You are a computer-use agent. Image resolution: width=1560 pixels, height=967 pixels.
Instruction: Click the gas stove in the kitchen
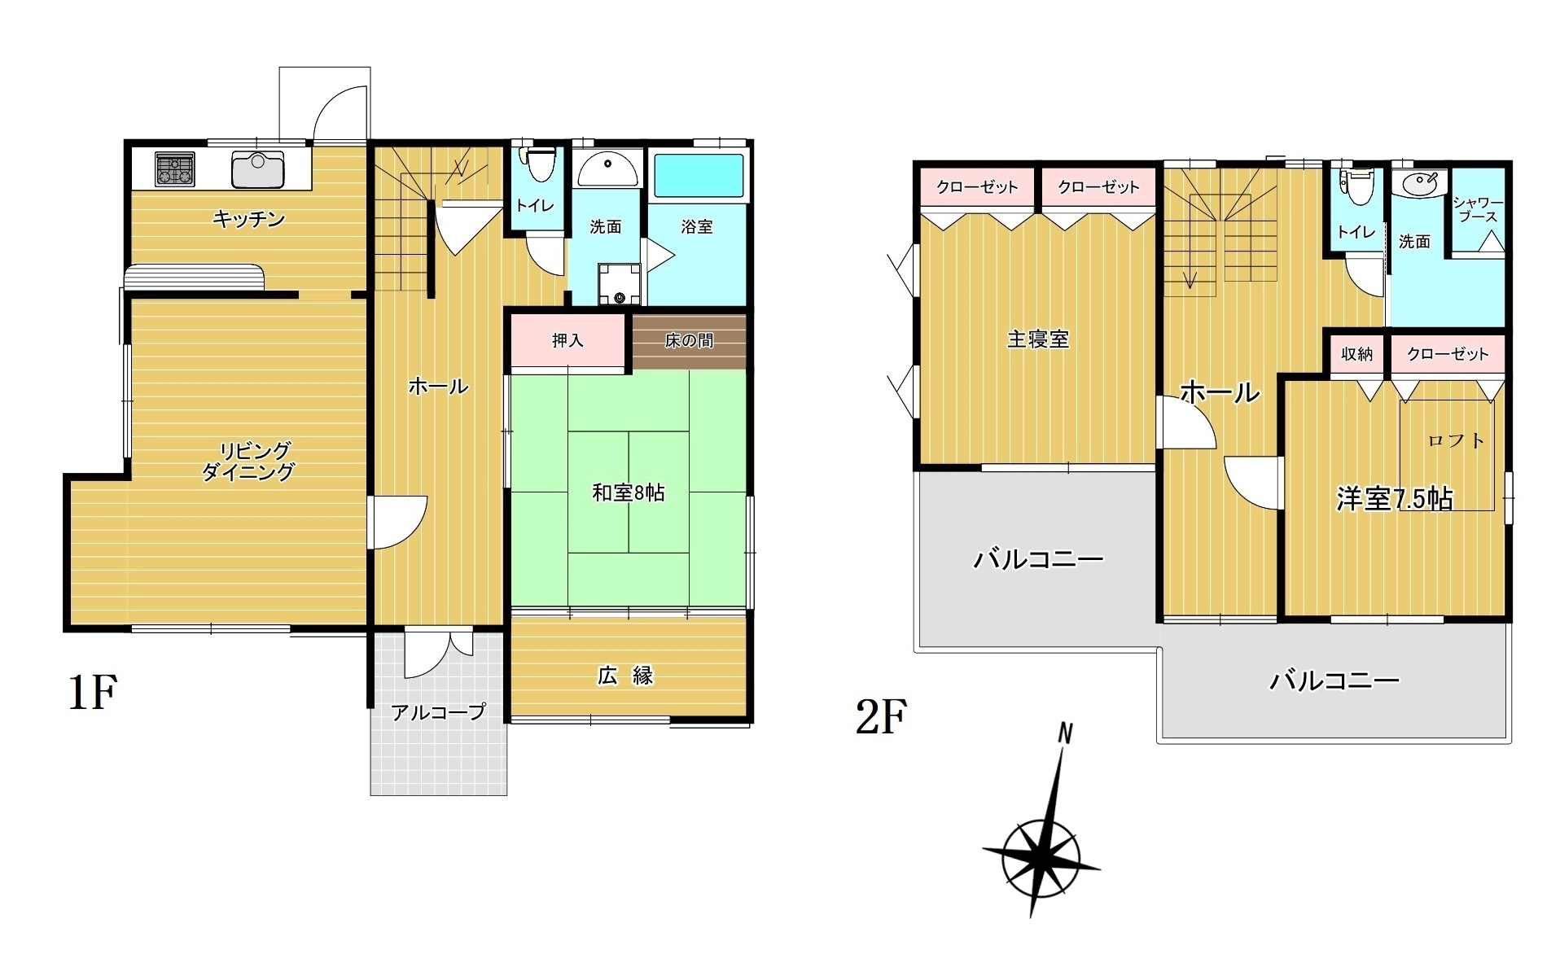(x=175, y=169)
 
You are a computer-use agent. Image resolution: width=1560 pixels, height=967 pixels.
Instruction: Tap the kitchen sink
(x=257, y=169)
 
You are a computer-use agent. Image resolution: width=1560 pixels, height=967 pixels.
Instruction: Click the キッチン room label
(x=248, y=219)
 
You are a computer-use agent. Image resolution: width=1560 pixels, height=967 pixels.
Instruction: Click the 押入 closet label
(x=567, y=340)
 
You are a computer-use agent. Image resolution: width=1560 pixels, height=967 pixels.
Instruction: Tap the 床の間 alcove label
(x=689, y=340)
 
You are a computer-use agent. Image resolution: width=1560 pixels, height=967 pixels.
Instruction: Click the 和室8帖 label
(x=628, y=492)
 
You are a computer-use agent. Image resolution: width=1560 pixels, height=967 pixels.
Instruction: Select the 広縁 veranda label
(x=625, y=676)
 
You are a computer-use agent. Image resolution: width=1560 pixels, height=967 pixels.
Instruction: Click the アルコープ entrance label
(x=438, y=712)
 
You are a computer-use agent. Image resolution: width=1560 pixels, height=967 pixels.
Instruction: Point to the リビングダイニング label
(x=248, y=461)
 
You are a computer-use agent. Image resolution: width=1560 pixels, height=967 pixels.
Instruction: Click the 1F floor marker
(x=93, y=693)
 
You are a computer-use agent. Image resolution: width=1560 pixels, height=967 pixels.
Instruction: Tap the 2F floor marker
(x=881, y=716)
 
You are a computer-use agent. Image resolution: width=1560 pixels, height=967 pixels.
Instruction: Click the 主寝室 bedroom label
(x=1037, y=339)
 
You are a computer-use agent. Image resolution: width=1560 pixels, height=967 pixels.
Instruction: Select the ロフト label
(x=1457, y=440)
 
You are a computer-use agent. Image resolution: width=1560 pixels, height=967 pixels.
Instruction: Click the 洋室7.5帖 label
(x=1395, y=498)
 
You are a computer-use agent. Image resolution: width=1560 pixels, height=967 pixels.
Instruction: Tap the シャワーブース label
(x=1479, y=210)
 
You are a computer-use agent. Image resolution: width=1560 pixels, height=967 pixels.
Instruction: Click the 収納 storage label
(x=1356, y=353)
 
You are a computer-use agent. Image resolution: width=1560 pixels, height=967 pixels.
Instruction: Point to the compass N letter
(x=1064, y=733)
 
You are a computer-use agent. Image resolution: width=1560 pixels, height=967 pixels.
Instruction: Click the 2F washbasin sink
(x=1420, y=184)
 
